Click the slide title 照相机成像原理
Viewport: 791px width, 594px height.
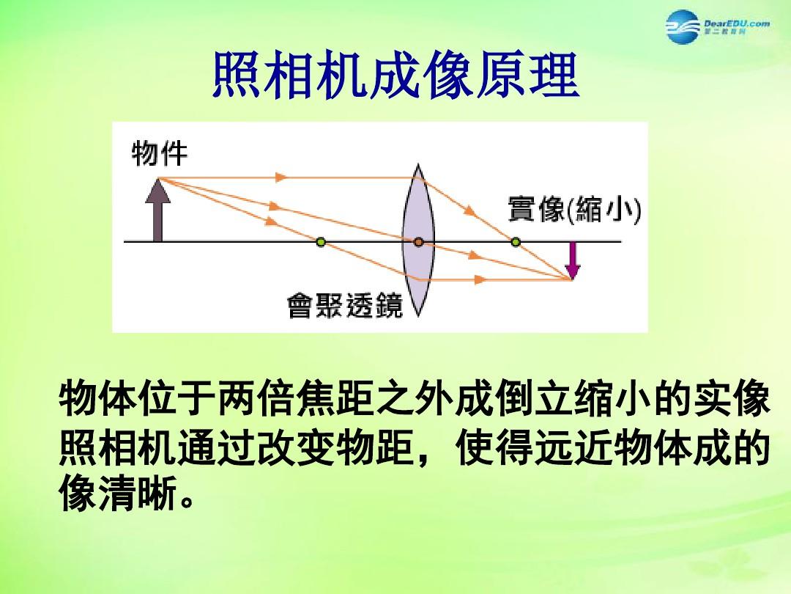395,76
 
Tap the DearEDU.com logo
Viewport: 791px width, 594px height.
717,26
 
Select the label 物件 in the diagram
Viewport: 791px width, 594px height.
160,153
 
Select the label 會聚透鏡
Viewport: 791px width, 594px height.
345,305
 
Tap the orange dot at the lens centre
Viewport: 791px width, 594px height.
418,242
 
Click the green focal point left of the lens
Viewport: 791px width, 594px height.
321,242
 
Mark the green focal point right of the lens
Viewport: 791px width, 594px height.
516,242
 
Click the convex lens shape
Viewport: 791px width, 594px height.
418,241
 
